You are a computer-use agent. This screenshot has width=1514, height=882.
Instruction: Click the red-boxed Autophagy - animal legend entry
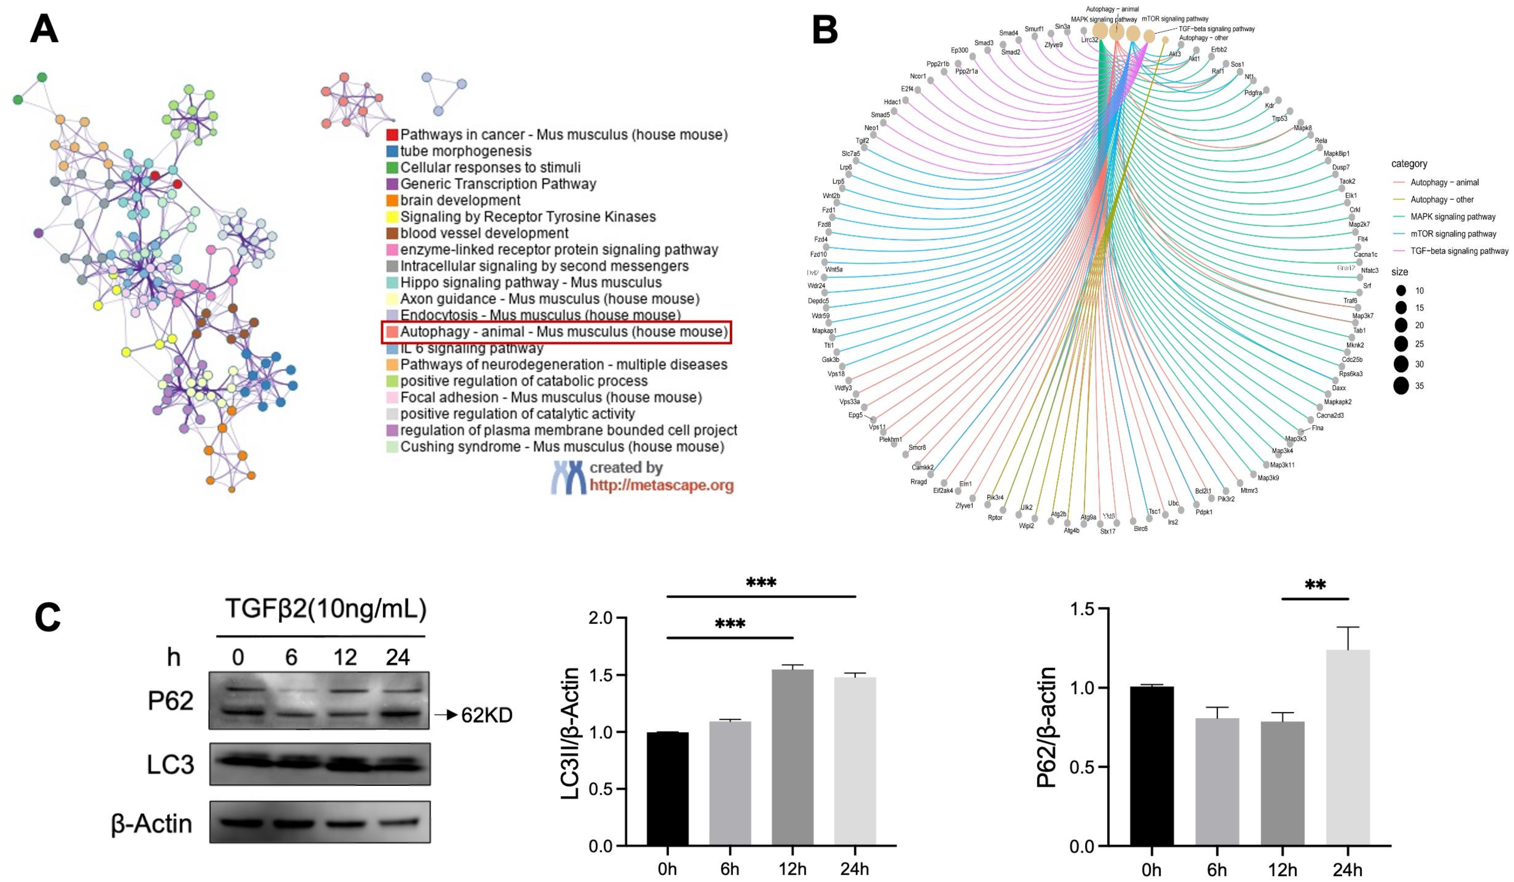coord(556,332)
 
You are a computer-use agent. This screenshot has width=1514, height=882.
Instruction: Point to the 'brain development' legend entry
coord(460,200)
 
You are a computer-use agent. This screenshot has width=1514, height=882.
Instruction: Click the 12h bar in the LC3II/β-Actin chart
coord(793,757)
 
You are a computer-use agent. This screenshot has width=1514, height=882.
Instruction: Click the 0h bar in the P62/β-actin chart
coord(1151,766)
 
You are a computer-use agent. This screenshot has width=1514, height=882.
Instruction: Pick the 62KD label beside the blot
coord(487,715)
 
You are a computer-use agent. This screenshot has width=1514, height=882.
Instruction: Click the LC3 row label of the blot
coord(171,764)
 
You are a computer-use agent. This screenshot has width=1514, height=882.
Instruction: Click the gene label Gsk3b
coord(830,359)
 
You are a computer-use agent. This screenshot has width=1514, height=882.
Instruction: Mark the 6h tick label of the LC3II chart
coord(729,869)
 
